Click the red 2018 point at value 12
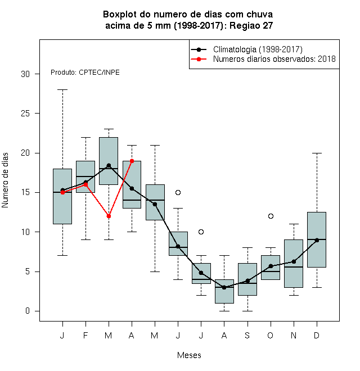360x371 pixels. coord(109,216)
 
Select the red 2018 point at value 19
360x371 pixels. coord(132,161)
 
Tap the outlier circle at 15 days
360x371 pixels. coord(178,193)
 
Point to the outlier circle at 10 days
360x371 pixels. coord(201,232)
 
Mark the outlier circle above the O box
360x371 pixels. coord(271,216)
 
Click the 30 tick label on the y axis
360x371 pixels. coord(25,74)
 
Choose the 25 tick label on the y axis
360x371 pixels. coord(25,114)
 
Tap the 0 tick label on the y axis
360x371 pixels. coord(28,311)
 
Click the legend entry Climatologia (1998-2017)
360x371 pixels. coord(258,49)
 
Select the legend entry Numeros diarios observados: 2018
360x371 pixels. coord(274,59)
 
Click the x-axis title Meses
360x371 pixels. coord(189,355)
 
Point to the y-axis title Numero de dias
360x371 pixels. coord(5,180)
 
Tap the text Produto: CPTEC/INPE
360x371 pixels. coord(85,73)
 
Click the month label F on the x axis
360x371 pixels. coord(85,335)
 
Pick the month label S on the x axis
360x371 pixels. coord(247,335)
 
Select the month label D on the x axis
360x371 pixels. coord(317,335)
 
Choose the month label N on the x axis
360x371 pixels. coord(294,335)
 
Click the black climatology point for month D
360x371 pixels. coord(317,240)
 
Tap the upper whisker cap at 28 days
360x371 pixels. coord(63,90)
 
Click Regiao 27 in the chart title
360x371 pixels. coord(251,25)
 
